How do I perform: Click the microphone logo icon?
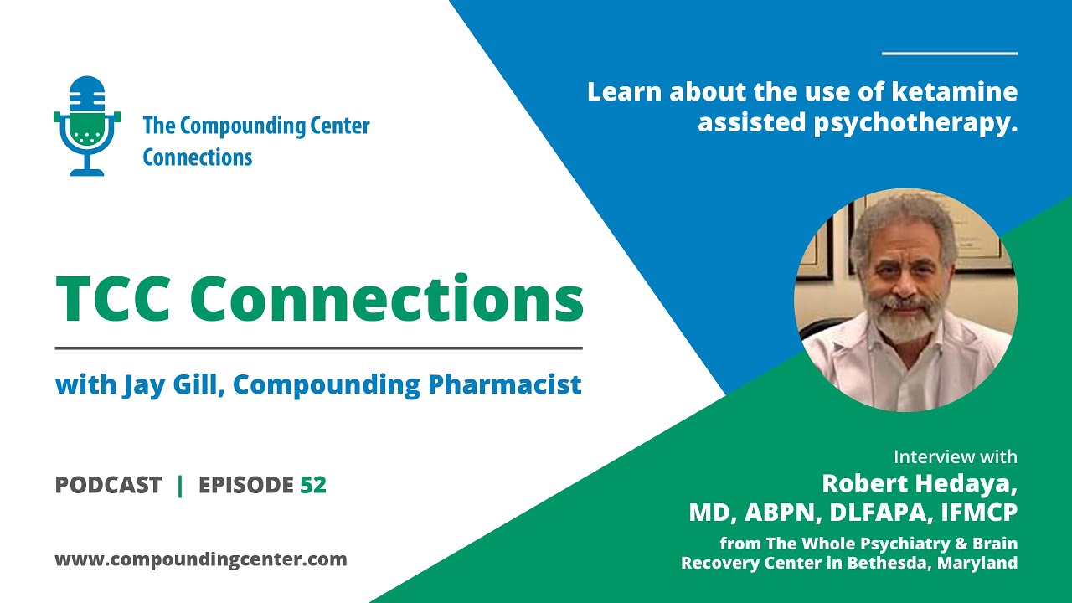click(87, 126)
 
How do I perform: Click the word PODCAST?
click(108, 485)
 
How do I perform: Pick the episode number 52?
click(313, 485)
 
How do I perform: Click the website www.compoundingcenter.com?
click(201, 559)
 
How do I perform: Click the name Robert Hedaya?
click(919, 483)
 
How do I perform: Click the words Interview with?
click(955, 457)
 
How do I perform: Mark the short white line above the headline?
click(949, 54)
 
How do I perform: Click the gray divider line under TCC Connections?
click(318, 348)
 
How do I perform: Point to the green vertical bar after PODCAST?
click(180, 485)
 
